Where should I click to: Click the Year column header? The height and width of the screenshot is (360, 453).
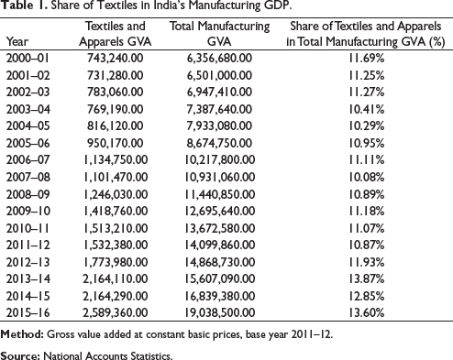[x=17, y=41]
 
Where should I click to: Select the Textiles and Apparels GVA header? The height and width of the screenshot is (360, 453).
[x=116, y=34]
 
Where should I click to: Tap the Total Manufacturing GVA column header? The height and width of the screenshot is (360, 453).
[x=219, y=34]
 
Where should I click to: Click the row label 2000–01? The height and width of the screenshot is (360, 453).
[x=28, y=58]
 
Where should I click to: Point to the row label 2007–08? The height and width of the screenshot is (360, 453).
[x=28, y=177]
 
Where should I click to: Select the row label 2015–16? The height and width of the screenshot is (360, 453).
[x=28, y=312]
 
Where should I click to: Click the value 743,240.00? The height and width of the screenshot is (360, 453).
[x=116, y=58]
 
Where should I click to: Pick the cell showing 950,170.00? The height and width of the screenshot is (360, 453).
[x=116, y=143]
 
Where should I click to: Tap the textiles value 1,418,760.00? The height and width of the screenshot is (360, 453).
[x=116, y=211]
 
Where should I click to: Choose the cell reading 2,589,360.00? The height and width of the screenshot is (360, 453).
[x=116, y=312]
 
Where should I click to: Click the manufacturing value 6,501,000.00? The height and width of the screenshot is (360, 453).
[x=219, y=75]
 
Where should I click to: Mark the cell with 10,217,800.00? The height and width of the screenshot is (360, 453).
[x=220, y=160]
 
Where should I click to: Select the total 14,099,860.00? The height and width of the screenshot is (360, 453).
[x=220, y=245]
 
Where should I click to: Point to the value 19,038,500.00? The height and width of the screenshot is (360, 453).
[x=220, y=312]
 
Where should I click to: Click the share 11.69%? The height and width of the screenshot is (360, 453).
[x=367, y=58]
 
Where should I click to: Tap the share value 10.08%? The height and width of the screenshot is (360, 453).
[x=367, y=177]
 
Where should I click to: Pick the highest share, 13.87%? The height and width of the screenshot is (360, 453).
[x=367, y=278]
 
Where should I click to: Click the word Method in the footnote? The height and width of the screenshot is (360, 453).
[x=22, y=334]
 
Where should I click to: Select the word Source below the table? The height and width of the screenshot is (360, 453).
[x=20, y=355]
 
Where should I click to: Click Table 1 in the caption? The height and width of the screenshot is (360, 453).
[x=25, y=5]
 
